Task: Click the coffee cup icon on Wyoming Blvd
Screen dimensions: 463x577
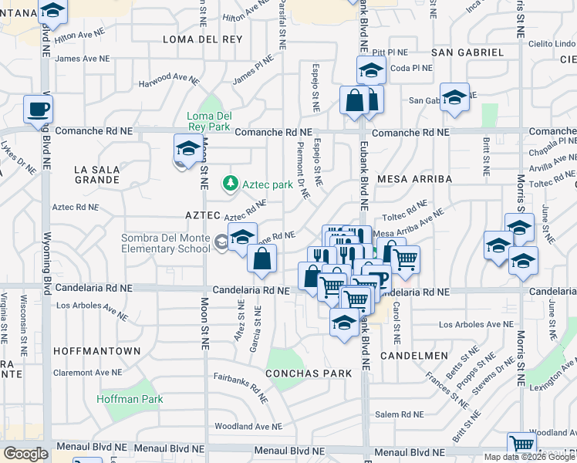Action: [x=37, y=110]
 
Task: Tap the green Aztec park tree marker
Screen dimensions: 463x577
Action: [x=229, y=184]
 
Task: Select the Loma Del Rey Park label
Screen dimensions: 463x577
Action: [x=208, y=122]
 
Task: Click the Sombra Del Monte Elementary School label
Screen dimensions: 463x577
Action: [x=165, y=243]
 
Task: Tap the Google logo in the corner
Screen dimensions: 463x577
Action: [x=25, y=454]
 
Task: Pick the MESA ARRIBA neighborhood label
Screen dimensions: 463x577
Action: [x=414, y=178]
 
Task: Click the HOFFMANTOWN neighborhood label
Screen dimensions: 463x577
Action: [x=97, y=351]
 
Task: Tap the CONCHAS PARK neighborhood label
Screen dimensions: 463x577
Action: [x=308, y=373]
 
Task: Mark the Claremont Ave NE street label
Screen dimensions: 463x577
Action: [x=87, y=371]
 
